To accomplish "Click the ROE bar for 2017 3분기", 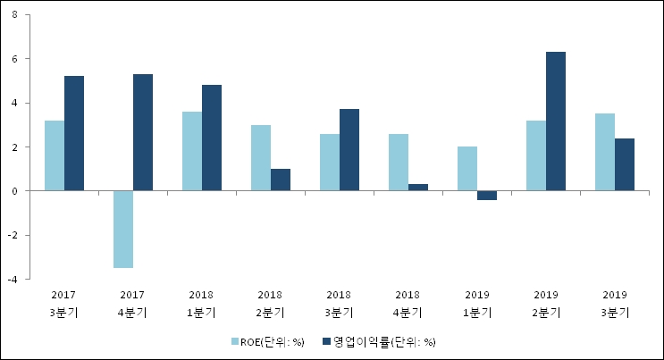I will click(54, 155).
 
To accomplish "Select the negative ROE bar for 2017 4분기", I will click(123, 229).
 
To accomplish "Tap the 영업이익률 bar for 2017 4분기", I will click(143, 132).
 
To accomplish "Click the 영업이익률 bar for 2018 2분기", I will click(281, 180).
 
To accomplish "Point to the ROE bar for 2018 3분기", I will click(330, 163).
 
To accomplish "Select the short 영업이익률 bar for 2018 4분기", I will click(418, 188).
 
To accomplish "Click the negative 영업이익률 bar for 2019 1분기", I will click(487, 196).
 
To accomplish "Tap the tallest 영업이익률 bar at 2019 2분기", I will click(556, 121).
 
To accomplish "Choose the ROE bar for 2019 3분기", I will click(605, 152).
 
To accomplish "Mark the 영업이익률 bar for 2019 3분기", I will click(625, 164).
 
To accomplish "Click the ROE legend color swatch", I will click(236, 341).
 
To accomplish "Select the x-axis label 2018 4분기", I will click(408, 303).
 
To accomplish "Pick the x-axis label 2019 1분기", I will click(476, 303).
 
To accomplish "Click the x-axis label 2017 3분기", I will click(63, 303).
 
